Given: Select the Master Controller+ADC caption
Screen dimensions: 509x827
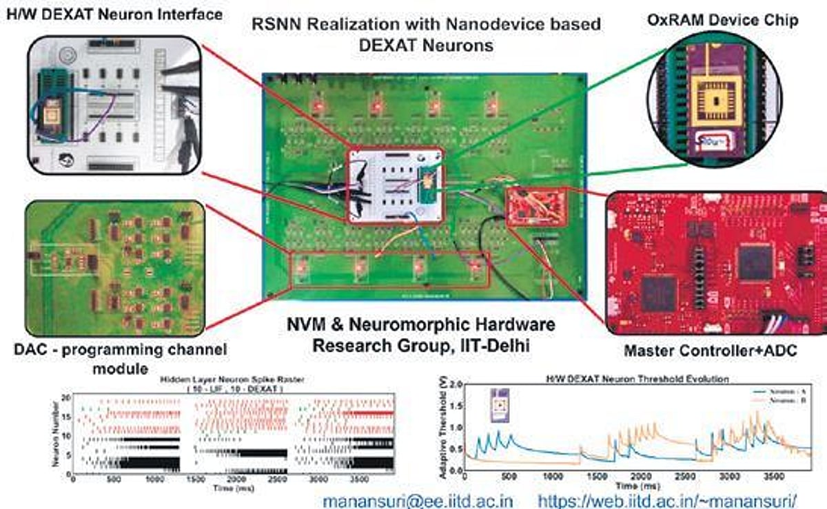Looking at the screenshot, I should tap(711, 351).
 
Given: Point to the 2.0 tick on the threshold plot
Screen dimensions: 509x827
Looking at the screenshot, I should tap(456, 384).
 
